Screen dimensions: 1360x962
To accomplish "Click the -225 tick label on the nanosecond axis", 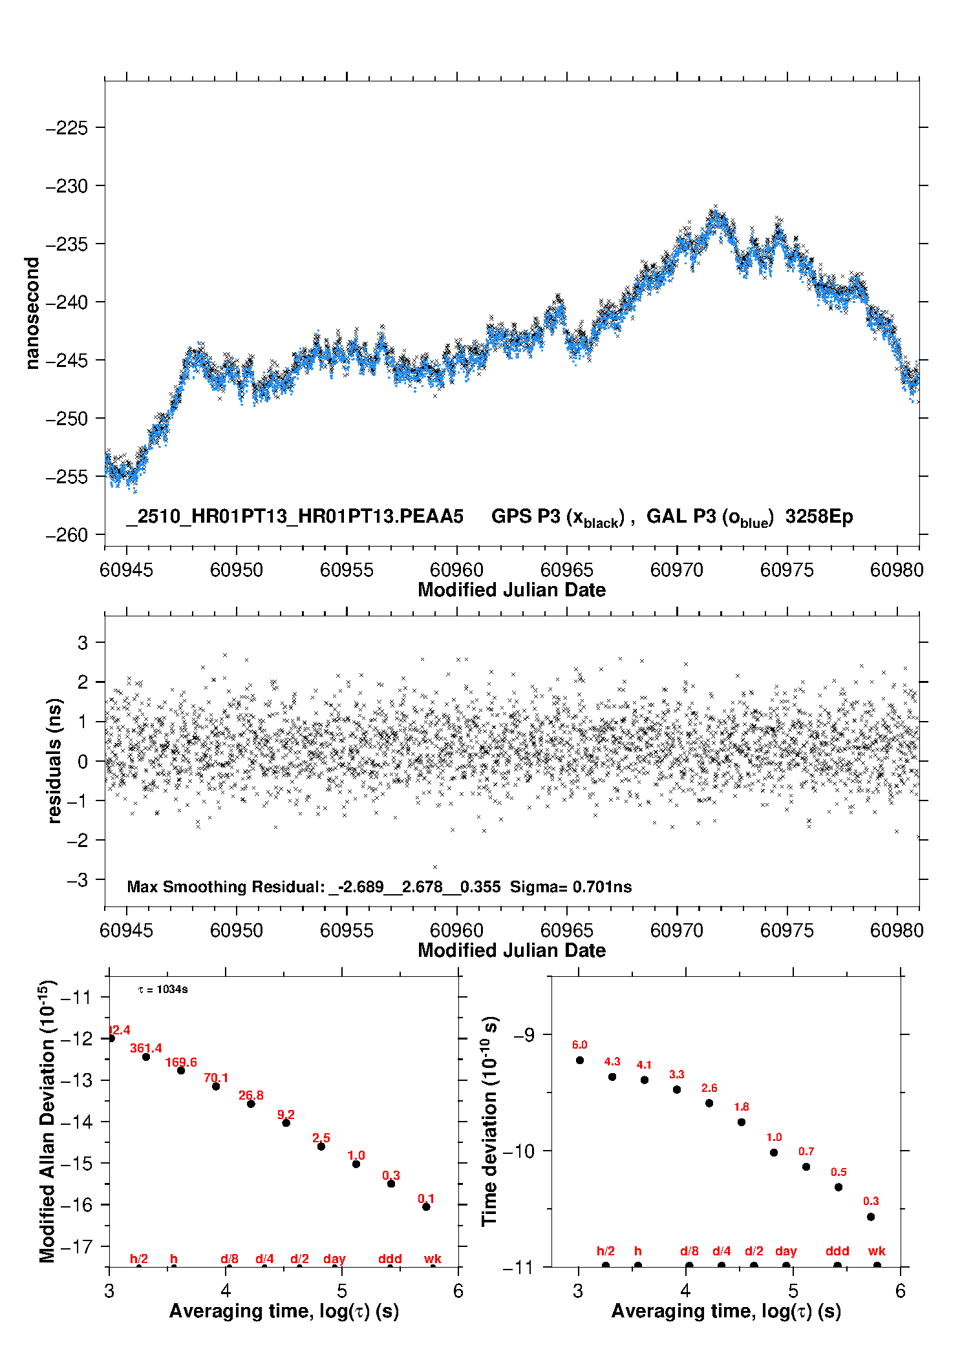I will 67,128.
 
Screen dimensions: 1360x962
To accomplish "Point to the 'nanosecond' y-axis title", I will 32,313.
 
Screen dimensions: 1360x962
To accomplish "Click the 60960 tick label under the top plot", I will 456,570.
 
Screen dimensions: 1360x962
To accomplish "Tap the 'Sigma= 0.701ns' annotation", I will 570,887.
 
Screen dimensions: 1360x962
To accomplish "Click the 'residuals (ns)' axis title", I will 55,760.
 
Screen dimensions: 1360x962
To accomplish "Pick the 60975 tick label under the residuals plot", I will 786,930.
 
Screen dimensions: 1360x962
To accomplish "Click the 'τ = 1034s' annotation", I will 163,990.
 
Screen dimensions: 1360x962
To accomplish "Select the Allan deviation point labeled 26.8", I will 251,1104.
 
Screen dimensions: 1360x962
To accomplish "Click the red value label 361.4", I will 145,1048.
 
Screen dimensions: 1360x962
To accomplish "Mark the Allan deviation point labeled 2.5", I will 321,1146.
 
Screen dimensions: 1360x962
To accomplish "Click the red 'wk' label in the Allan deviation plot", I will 433,1259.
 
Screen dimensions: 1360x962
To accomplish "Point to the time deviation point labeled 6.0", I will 579,1060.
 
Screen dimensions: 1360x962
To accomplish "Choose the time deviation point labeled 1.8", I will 741,1122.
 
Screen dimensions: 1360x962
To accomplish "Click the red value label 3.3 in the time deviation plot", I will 676,1074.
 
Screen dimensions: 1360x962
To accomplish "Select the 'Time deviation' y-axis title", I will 489,1121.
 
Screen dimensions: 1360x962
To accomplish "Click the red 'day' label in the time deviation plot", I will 786,1251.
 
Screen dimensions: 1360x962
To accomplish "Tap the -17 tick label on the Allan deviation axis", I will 76,1246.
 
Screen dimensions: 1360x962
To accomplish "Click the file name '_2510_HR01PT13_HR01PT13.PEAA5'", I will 295,517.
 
